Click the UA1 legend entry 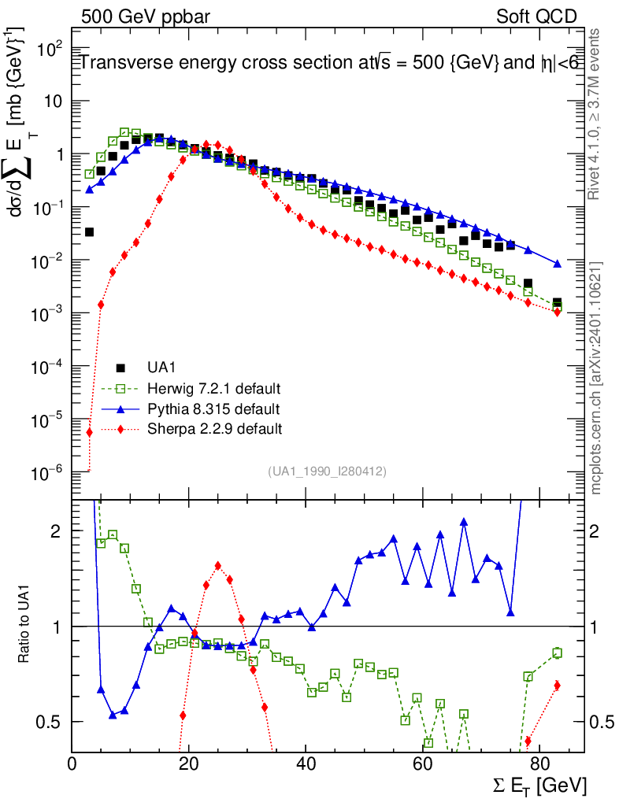click(161, 368)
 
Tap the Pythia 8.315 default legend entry click(213, 409)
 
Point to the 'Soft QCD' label click(537, 17)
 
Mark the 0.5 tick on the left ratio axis click(48, 722)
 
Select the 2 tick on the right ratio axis click(599, 531)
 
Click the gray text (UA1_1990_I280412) click(327, 471)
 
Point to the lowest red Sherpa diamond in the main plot click(90, 432)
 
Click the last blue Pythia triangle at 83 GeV click(558, 264)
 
